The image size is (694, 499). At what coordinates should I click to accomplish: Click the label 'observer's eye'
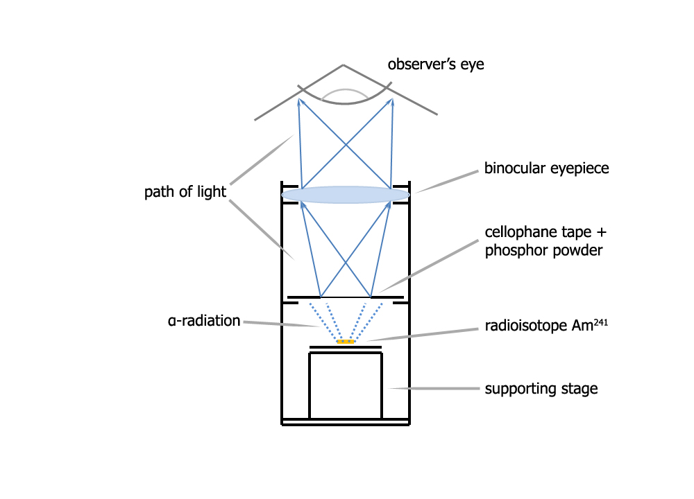coord(436,65)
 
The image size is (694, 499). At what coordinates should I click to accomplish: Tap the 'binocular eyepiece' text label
coord(546,168)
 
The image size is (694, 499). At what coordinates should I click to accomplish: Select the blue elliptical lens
coord(346,195)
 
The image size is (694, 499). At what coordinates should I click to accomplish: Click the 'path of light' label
coord(185,192)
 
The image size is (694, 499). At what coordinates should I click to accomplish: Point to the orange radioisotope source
coord(346,341)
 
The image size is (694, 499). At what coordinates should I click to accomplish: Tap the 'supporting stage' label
coord(541,389)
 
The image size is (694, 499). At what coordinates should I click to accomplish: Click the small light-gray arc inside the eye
coord(346,91)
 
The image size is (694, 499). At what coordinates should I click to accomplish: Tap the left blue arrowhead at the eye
coord(300,102)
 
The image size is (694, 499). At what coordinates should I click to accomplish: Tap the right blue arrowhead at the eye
coord(391,102)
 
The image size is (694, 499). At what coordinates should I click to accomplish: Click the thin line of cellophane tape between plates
coord(346,297)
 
